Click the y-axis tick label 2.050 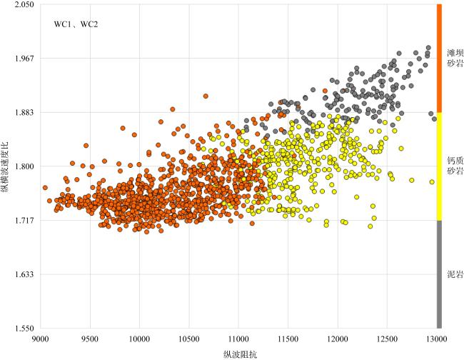tap(24, 4)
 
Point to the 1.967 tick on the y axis tap(24, 59)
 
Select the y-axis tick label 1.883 tap(24, 112)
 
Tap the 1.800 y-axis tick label tap(24, 166)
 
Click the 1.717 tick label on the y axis tap(24, 221)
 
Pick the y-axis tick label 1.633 tap(24, 274)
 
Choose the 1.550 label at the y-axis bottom tap(24, 329)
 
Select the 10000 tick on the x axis tap(139, 337)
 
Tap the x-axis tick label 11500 tap(288, 337)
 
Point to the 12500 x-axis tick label tap(388, 337)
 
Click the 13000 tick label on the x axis tap(437, 337)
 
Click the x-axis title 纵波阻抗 tap(238, 353)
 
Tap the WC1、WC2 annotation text tap(76, 25)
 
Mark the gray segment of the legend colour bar tap(440, 274)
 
